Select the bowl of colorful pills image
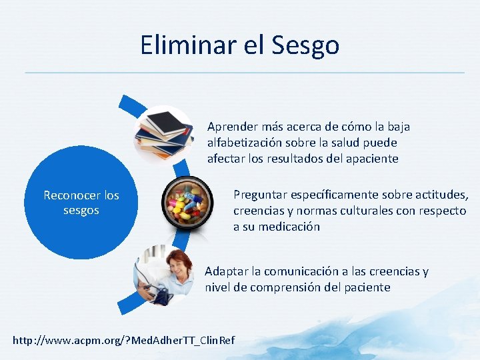[188, 204]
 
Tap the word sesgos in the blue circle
[81, 211]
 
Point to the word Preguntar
[261, 195]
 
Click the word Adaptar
[226, 271]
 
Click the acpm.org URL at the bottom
[123, 341]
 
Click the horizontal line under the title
[244, 72]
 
